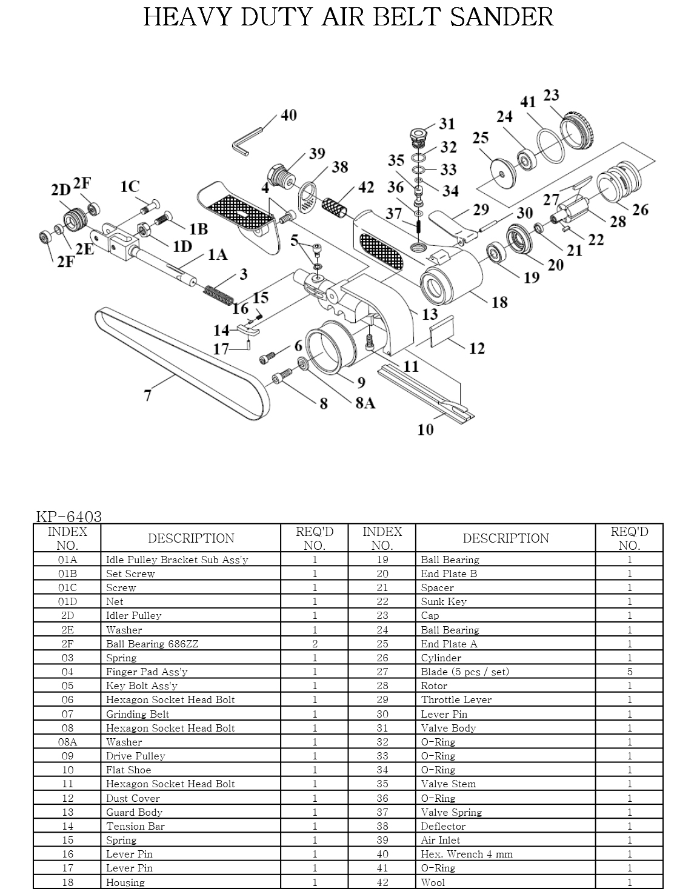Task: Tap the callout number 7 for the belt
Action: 148,395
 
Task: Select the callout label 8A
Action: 365,403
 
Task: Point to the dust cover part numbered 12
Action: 442,331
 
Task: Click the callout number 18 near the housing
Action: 499,302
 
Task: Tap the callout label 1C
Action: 130,187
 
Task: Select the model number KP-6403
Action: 68,517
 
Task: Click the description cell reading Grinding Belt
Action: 138,714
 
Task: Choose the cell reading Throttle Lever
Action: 456,699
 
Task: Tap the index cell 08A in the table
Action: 67,742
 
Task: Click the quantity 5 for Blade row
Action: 630,672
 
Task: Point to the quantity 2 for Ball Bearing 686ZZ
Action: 315,644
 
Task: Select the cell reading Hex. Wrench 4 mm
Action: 467,854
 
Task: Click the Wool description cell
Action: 433,882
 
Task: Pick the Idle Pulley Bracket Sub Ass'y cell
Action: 177,560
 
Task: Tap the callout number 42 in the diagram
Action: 366,187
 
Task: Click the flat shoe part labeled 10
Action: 425,393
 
